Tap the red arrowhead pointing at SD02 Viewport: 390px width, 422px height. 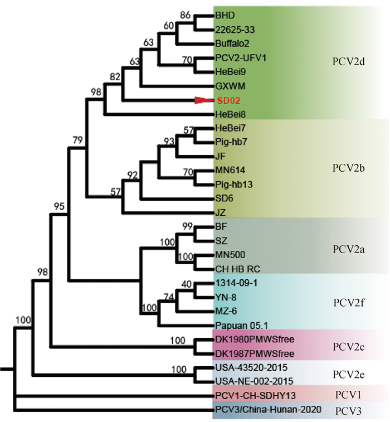[204, 100]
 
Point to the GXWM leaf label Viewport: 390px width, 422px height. [227, 86]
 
